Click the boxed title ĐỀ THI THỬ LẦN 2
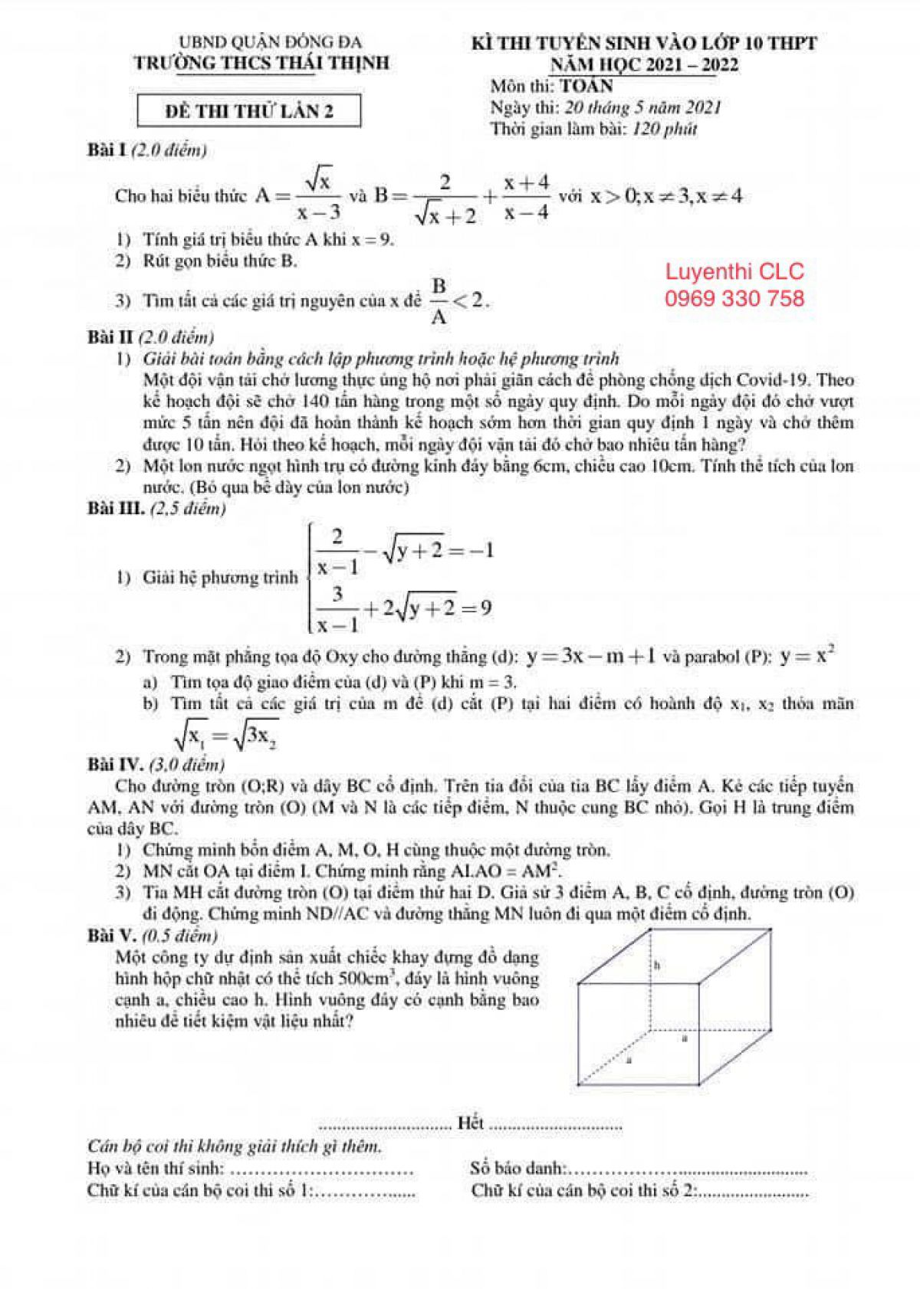(249, 111)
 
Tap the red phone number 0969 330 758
(734, 298)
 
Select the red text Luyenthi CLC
(734, 271)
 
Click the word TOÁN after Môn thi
(586, 86)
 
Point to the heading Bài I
(107, 150)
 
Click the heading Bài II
(110, 336)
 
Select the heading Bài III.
(116, 508)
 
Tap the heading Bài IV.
(115, 764)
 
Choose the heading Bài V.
(111, 935)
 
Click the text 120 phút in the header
(665, 129)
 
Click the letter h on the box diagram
(657, 965)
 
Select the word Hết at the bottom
(470, 1123)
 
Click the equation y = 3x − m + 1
(590, 656)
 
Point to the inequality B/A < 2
(458, 300)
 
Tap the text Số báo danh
(518, 1169)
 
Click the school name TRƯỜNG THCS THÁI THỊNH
(262, 63)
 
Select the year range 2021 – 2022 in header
(692, 64)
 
